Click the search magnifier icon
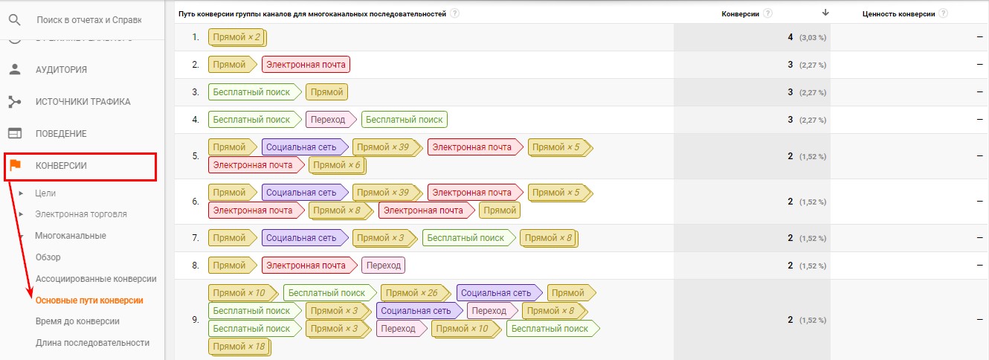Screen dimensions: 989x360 tap(15, 20)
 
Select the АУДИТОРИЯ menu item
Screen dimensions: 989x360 tap(62, 70)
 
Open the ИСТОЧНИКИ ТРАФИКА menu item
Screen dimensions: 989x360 tap(83, 102)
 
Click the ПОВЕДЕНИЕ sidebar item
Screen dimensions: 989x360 tap(61, 134)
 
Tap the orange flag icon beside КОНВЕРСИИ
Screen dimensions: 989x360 tap(15, 165)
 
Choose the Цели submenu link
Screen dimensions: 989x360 tap(45, 193)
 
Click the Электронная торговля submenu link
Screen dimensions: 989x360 tap(81, 214)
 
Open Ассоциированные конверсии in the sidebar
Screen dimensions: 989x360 tap(96, 279)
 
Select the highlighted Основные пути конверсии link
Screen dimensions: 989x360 tap(89, 300)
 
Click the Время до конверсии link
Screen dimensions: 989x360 tap(77, 321)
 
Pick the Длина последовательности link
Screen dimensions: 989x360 tap(92, 343)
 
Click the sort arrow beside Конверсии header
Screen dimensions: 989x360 tap(825, 13)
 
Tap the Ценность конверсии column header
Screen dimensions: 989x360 tap(898, 13)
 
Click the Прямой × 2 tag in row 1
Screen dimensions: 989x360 tap(237, 37)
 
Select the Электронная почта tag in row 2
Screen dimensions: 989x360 tap(306, 65)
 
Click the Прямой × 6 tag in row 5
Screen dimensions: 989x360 tap(338, 165)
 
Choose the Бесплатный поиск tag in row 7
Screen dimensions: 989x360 tap(468, 238)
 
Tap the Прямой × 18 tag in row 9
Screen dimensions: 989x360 tap(239, 347)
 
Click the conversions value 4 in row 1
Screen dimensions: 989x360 tap(790, 37)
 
